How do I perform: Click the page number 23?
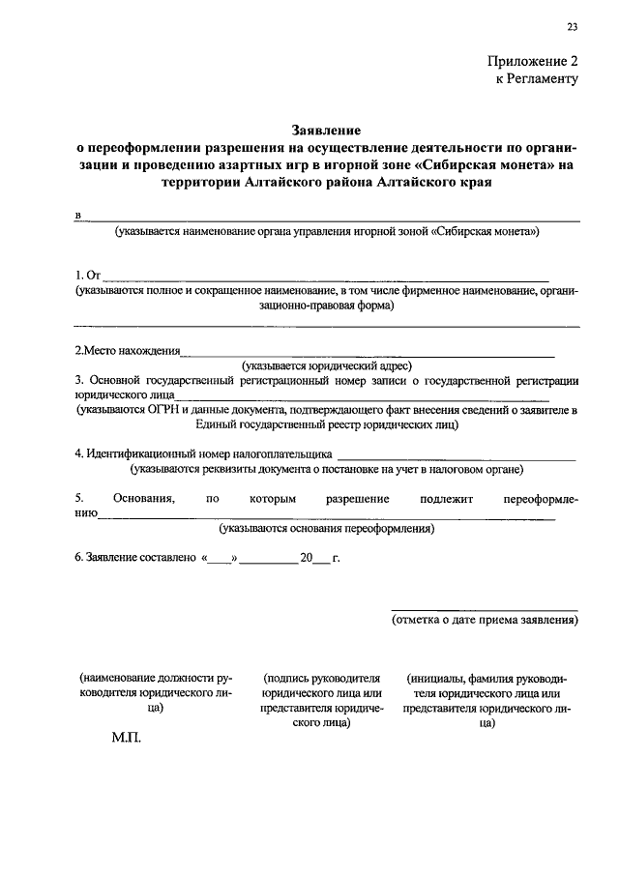pos(573,26)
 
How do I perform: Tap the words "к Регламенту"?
pos(538,78)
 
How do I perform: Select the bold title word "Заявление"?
pos(327,130)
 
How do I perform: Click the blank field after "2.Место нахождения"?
pos(368,352)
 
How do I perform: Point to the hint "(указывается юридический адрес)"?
pos(327,365)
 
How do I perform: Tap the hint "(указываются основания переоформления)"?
pos(326,528)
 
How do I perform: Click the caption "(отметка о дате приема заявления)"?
pos(485,621)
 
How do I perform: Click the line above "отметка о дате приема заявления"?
pos(485,610)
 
